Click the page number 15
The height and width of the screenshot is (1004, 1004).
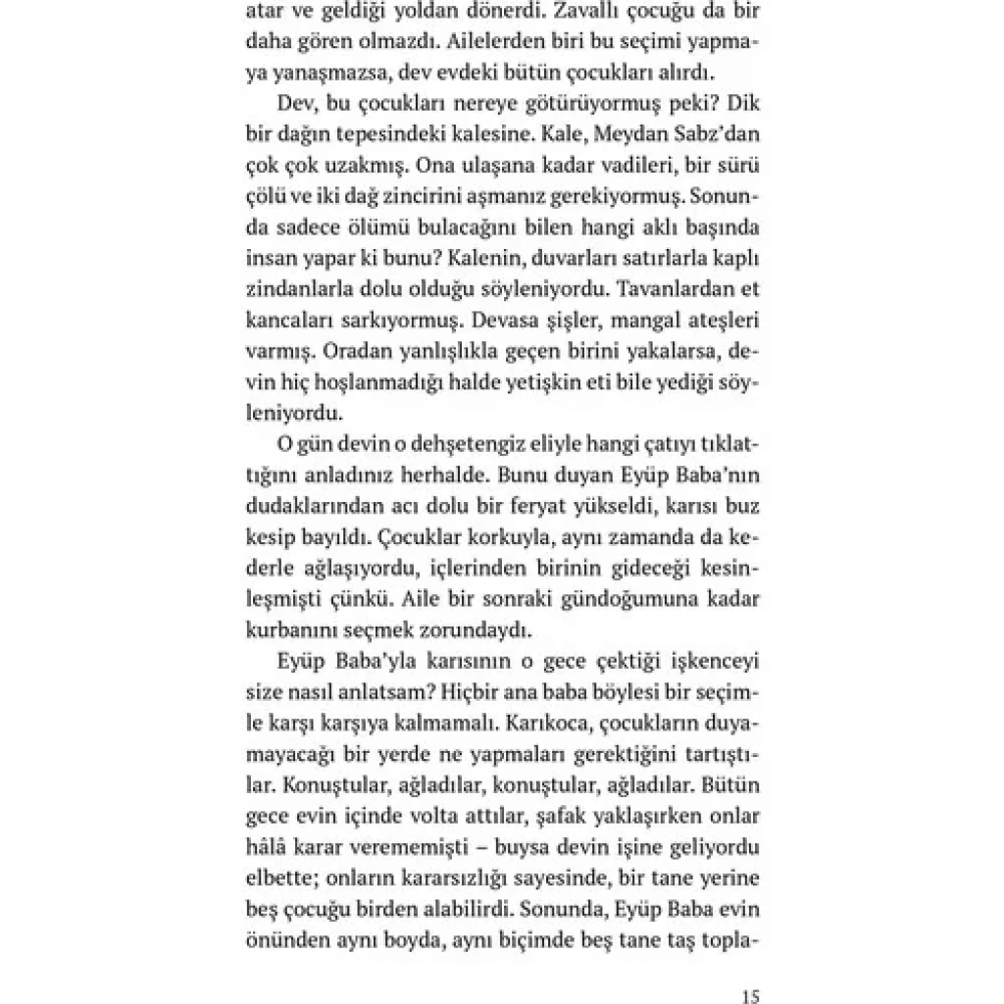point(750,997)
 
